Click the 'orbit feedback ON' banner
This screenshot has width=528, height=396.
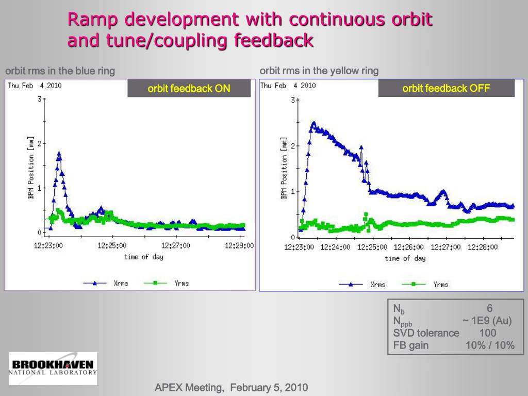tap(189, 89)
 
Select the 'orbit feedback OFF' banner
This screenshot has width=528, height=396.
tap(446, 88)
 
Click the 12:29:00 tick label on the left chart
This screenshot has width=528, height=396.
tap(239, 246)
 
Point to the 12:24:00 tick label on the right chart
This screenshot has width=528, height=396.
tap(335, 247)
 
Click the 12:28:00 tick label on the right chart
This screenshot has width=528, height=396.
tap(483, 247)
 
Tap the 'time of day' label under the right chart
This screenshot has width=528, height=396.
tap(405, 258)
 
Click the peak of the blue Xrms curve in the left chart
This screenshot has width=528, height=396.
tap(59, 153)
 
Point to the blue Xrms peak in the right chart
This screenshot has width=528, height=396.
tap(313, 124)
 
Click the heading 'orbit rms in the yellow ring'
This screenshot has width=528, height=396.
tap(319, 71)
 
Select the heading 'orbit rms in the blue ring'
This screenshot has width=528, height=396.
tap(60, 71)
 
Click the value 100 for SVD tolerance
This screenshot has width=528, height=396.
tap(488, 333)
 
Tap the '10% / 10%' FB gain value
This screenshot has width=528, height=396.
tap(490, 345)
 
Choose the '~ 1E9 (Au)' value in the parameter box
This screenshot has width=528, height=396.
tap(487, 321)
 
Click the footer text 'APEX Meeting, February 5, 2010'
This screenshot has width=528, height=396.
tap(232, 388)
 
